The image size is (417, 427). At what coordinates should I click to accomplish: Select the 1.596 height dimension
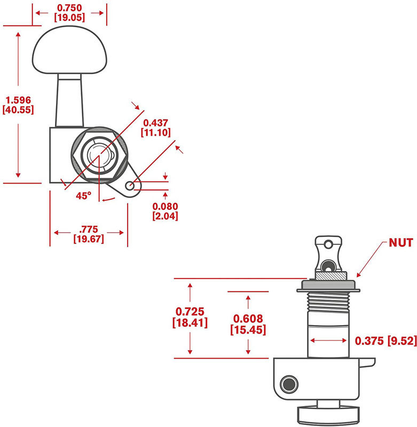click(x=18, y=100)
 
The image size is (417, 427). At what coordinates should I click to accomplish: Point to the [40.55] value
click(x=18, y=110)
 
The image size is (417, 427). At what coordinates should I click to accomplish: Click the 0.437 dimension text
click(x=155, y=123)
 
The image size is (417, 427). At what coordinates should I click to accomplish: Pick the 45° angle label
click(x=83, y=196)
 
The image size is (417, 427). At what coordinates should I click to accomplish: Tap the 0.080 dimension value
click(x=165, y=207)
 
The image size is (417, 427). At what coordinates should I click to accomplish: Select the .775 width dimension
click(x=89, y=229)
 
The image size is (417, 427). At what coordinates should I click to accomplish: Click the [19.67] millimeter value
click(x=89, y=239)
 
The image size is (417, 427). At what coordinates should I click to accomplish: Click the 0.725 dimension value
click(x=190, y=311)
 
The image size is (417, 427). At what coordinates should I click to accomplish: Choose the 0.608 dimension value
click(x=248, y=319)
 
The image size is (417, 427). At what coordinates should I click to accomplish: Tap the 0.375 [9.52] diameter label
click(x=384, y=341)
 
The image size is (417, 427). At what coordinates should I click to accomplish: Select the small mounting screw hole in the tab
click(x=130, y=185)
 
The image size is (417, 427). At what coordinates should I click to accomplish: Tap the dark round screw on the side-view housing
click(x=290, y=384)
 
